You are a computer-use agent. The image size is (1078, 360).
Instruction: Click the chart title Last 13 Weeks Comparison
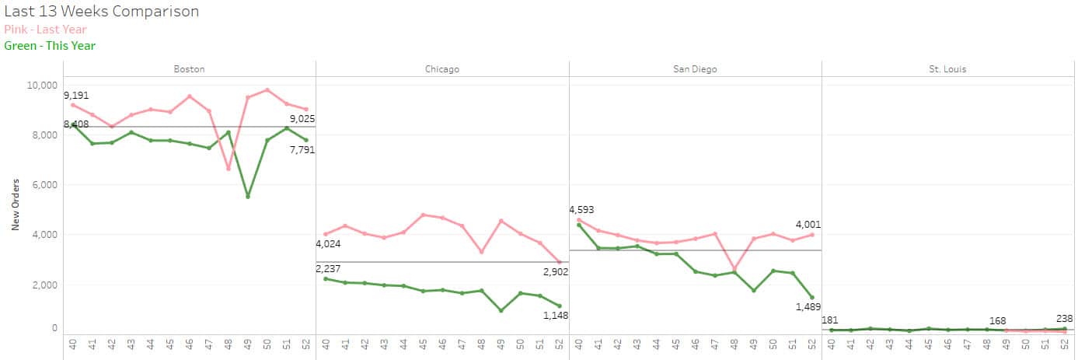pyautogui.click(x=102, y=12)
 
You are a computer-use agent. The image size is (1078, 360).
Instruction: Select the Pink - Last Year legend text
pyautogui.click(x=45, y=30)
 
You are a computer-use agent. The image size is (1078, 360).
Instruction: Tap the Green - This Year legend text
pyautogui.click(x=50, y=46)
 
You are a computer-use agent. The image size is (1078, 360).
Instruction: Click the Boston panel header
pyautogui.click(x=189, y=69)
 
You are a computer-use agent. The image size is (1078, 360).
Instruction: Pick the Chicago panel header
pyautogui.click(x=441, y=69)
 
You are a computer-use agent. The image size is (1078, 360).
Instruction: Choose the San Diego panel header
pyautogui.click(x=695, y=69)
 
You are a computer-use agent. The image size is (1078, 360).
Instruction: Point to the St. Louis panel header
pyautogui.click(x=947, y=69)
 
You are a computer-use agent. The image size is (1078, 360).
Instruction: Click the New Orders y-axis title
pyautogui.click(x=16, y=204)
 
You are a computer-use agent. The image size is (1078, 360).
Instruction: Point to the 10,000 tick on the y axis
pyautogui.click(x=42, y=86)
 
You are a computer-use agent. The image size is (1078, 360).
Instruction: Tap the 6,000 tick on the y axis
pyautogui.click(x=45, y=185)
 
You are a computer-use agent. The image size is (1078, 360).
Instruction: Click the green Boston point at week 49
pyautogui.click(x=248, y=197)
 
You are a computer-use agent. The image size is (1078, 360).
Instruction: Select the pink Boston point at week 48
pyautogui.click(x=228, y=169)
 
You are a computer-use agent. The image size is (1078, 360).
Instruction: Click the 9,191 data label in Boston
pyautogui.click(x=76, y=96)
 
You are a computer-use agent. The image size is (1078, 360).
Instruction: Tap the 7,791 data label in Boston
pyautogui.click(x=302, y=150)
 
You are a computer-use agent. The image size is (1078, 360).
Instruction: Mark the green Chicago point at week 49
pyautogui.click(x=501, y=310)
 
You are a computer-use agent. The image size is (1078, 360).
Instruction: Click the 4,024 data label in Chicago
pyautogui.click(x=328, y=244)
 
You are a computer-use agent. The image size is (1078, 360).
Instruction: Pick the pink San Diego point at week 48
pyautogui.click(x=734, y=268)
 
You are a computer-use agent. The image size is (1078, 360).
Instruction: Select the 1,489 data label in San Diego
pyautogui.click(x=808, y=306)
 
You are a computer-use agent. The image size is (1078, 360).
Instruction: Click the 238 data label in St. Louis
pyautogui.click(x=1064, y=319)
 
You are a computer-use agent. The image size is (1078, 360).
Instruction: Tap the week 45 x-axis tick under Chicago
pyautogui.click(x=423, y=344)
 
